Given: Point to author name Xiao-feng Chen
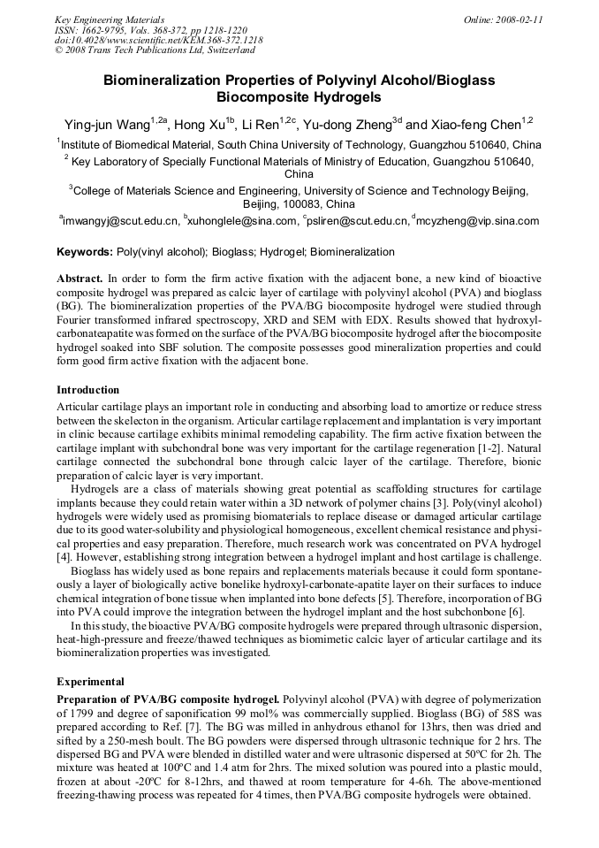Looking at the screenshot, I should (x=474, y=124).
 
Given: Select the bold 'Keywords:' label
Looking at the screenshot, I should (x=85, y=252).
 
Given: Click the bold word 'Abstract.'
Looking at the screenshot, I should (x=80, y=278).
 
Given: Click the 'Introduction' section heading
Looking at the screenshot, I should (x=87, y=390).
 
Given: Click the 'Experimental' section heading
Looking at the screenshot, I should (x=90, y=682).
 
